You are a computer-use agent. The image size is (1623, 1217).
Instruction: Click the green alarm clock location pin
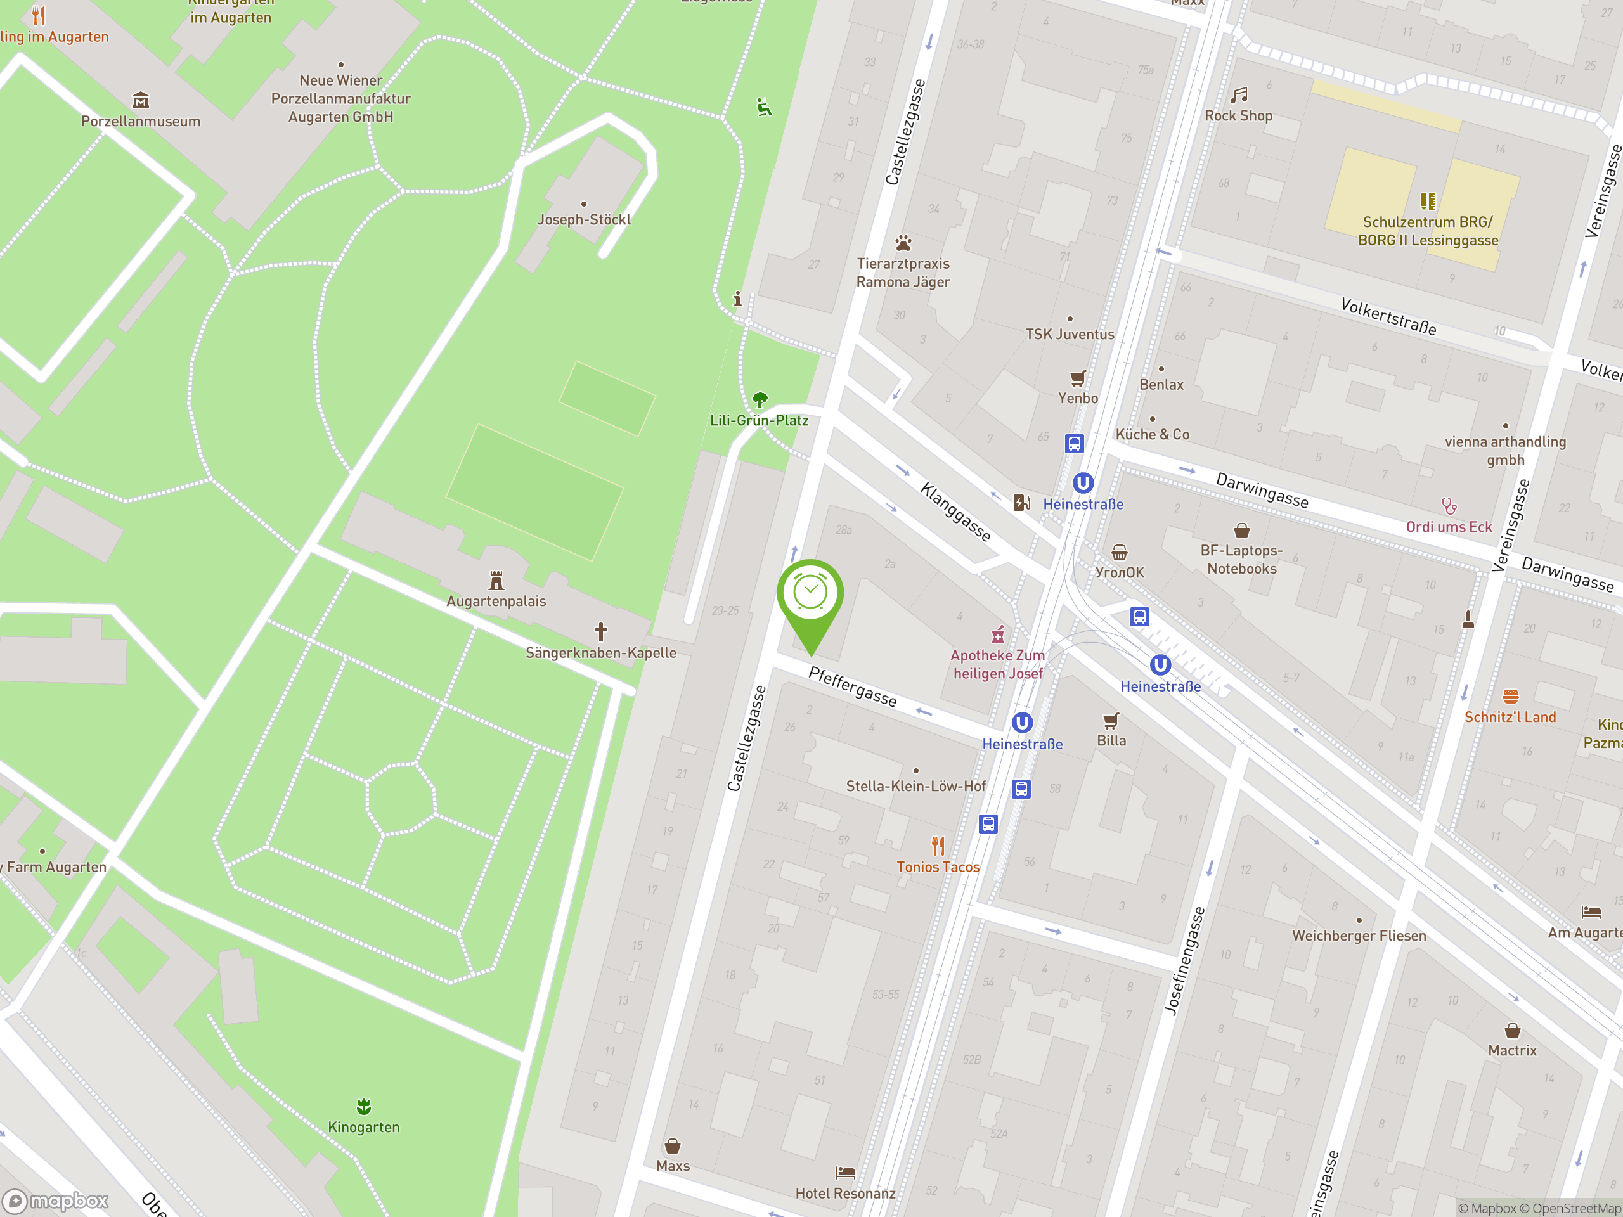(810, 594)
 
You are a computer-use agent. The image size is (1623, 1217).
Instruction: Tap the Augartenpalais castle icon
(496, 581)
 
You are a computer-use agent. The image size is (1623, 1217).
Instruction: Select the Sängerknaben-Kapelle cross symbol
(601, 631)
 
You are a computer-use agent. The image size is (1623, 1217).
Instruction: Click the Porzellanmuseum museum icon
(140, 100)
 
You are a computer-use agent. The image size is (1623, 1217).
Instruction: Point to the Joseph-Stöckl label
(584, 219)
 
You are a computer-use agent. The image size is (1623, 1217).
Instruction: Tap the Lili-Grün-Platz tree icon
(760, 400)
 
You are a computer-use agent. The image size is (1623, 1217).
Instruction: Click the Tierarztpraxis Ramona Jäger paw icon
(903, 243)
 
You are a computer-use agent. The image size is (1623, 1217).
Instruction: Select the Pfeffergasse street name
(853, 686)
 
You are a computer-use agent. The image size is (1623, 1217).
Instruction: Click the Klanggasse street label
(955, 512)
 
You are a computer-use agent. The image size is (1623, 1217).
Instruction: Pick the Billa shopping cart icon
(1111, 720)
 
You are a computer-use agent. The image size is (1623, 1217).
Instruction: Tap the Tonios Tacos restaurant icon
(938, 846)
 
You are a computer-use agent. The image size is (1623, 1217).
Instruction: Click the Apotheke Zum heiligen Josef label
(997, 664)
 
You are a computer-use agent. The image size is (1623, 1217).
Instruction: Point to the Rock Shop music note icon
(1239, 95)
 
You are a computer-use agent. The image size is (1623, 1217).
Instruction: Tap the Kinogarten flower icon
(364, 1106)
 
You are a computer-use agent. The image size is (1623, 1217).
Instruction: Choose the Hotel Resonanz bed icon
(845, 1172)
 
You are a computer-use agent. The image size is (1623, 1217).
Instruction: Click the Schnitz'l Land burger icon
(1510, 696)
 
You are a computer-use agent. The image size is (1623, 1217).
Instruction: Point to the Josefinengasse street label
(1185, 961)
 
